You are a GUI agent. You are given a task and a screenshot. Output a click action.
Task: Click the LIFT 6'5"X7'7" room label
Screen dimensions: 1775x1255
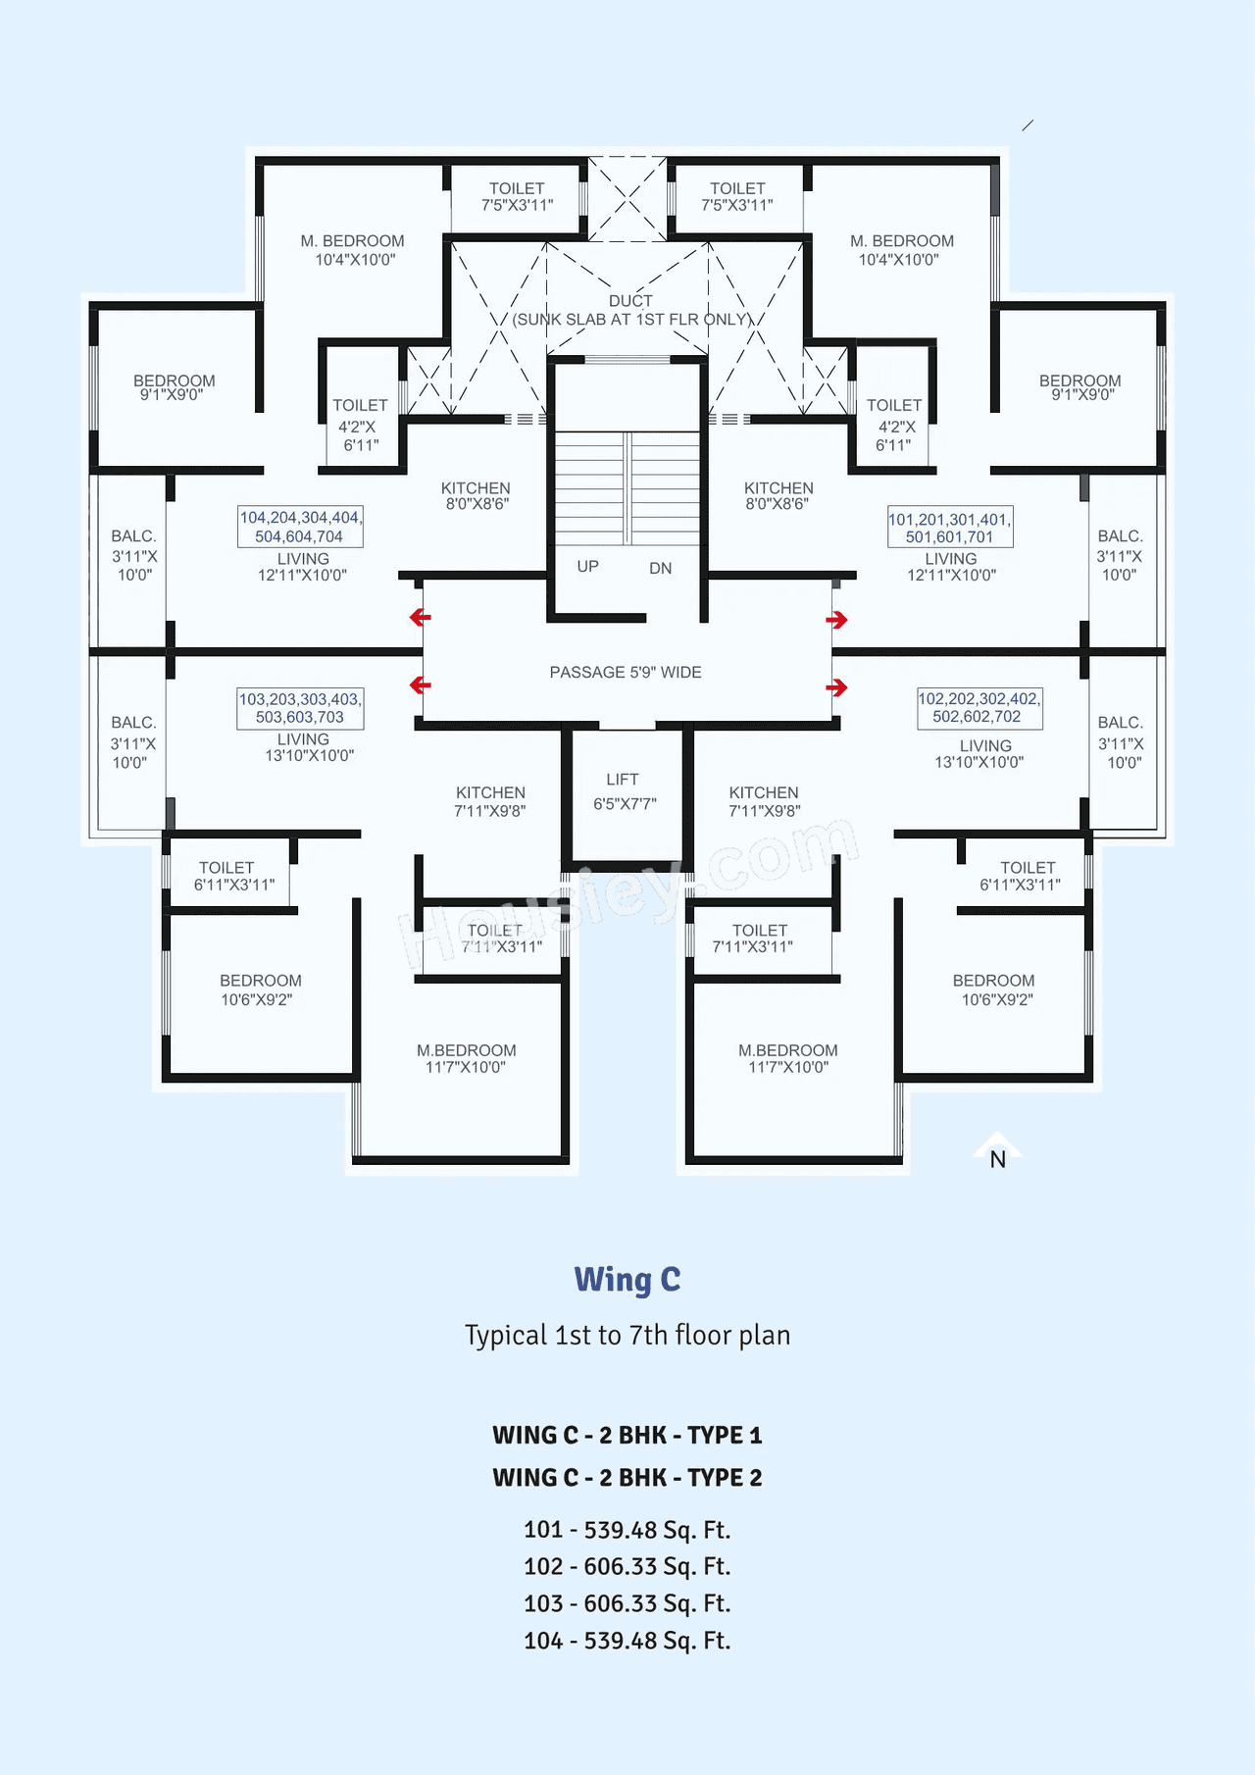point(624,791)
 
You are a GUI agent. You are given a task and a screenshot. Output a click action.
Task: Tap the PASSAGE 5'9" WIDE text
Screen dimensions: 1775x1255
point(626,673)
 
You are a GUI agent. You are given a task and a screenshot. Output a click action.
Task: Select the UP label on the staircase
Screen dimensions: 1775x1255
point(587,567)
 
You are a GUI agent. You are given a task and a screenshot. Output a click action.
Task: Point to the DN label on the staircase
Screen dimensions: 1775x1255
point(660,569)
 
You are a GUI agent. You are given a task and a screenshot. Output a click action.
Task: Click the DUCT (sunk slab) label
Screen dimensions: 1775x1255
point(630,310)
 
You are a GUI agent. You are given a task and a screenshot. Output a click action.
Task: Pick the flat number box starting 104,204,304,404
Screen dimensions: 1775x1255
point(300,527)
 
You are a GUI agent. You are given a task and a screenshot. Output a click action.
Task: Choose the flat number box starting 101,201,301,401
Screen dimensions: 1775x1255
point(949,529)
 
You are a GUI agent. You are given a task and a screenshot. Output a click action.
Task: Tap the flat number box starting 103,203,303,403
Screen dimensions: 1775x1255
point(300,708)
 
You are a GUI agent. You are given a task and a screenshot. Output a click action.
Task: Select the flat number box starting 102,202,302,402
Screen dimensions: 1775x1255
point(979,708)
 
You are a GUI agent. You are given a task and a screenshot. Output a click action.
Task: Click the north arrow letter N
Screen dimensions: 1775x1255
point(997,1160)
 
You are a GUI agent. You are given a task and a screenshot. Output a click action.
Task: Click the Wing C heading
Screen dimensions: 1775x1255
point(627,1280)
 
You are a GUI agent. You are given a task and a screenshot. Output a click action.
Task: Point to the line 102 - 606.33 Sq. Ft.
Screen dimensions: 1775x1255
point(627,1567)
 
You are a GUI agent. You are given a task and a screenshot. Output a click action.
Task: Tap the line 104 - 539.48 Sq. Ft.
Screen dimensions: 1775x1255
point(627,1641)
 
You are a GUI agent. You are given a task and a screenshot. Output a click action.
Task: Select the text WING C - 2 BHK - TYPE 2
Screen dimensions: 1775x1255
point(627,1478)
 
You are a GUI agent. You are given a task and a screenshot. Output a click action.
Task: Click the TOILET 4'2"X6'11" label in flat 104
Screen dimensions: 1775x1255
point(359,425)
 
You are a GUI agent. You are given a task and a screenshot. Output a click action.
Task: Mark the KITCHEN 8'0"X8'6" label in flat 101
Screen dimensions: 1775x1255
point(778,495)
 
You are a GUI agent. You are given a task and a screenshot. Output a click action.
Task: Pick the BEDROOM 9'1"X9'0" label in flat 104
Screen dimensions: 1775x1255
point(174,387)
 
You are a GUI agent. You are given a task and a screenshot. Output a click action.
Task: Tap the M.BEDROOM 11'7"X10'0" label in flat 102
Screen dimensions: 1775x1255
point(788,1058)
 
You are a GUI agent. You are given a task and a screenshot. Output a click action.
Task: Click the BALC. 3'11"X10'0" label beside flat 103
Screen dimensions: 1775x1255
point(132,742)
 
